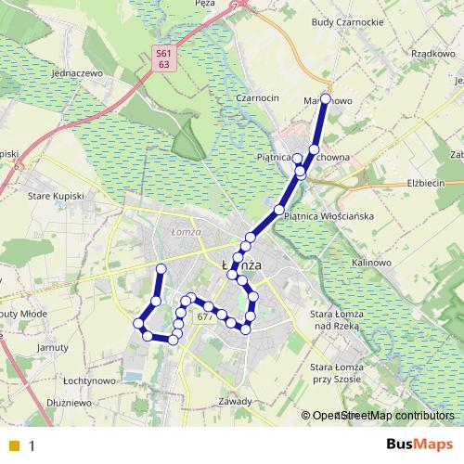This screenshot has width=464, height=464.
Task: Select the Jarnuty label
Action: click(54, 347)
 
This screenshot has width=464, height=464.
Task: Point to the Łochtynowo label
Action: click(88, 381)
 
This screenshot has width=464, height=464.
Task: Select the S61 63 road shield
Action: click(163, 60)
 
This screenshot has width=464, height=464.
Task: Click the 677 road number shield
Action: click(206, 317)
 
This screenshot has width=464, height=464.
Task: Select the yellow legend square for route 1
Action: click(14, 445)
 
